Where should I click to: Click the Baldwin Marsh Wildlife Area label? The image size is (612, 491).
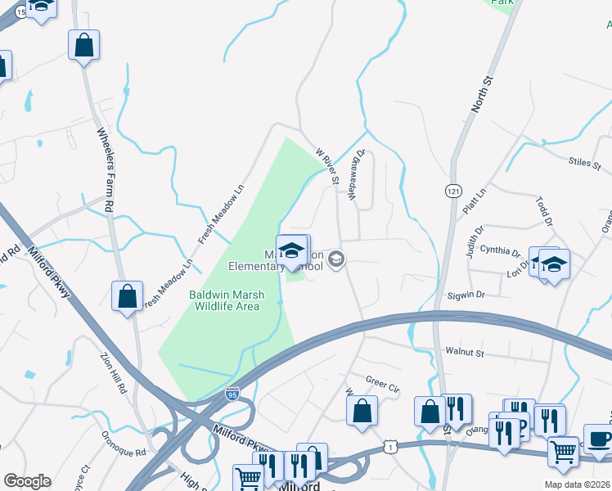point(224,300)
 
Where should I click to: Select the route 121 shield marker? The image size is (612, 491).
point(452,191)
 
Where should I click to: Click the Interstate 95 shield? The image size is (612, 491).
point(232,394)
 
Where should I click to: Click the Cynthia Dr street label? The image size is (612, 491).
point(500,251)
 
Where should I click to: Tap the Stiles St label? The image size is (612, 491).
point(584,163)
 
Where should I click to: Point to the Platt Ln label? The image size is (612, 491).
point(474,200)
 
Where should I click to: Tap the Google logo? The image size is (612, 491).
point(27,481)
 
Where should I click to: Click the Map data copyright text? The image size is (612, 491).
point(565,484)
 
